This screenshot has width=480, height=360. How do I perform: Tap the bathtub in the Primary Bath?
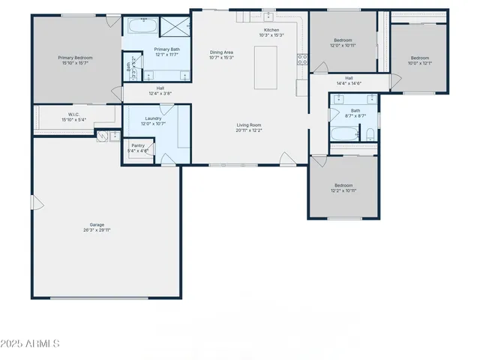pyautogui.click(x=142, y=27)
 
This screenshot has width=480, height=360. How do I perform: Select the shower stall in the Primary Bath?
pyautogui.click(x=174, y=27)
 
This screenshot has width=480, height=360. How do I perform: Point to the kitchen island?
pyautogui.click(x=265, y=64)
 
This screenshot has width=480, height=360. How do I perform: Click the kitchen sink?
pyautogui.click(x=268, y=16)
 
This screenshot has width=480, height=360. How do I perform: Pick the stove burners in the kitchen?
pyautogui.click(x=302, y=60)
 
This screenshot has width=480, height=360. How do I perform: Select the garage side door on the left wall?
pyautogui.click(x=33, y=202)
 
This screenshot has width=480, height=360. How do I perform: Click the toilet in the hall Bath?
pyautogui.click(x=370, y=135)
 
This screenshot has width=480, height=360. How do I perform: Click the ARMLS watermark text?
pyautogui.click(x=31, y=343)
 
